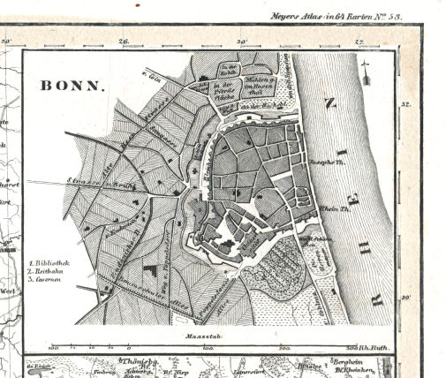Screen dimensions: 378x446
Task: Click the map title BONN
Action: point(72,87)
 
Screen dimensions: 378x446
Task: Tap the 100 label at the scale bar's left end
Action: point(53,348)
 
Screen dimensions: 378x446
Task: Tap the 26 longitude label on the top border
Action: point(124,41)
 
